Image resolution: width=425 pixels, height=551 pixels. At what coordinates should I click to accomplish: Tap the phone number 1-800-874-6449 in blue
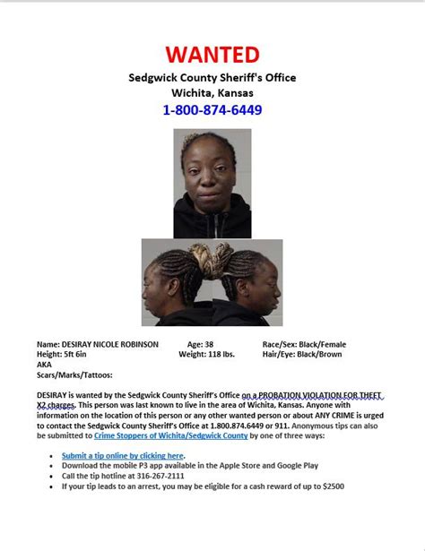pyautogui.click(x=212, y=110)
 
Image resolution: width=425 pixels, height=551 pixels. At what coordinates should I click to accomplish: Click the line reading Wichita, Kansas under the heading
pyautogui.click(x=212, y=93)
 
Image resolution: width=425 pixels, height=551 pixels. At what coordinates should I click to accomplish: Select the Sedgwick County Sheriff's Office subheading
pyautogui.click(x=212, y=78)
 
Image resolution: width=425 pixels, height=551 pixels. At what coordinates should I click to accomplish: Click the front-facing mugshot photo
pyautogui.click(x=212, y=183)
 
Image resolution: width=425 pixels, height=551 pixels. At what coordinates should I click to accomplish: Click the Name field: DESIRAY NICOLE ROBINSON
pyautogui.click(x=97, y=344)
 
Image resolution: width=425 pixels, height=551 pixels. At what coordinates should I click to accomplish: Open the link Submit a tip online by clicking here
pyautogui.click(x=123, y=456)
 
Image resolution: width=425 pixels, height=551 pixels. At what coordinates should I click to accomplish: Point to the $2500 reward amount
pyautogui.click(x=330, y=486)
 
